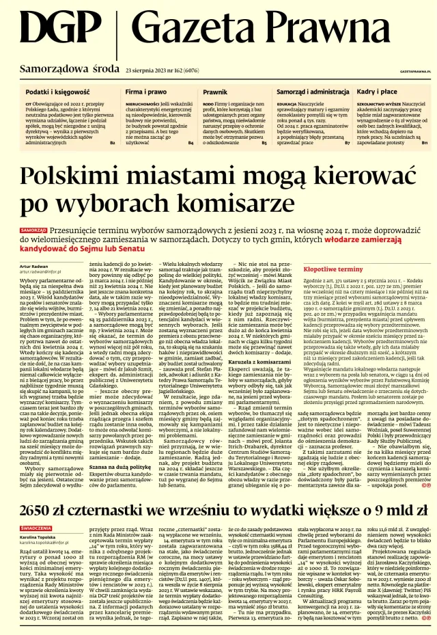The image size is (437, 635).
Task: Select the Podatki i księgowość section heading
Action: [58, 91]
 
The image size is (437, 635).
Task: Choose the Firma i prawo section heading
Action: [146, 91]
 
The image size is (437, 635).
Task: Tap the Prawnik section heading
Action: [215, 91]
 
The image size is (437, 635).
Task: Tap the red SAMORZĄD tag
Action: [33, 230]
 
